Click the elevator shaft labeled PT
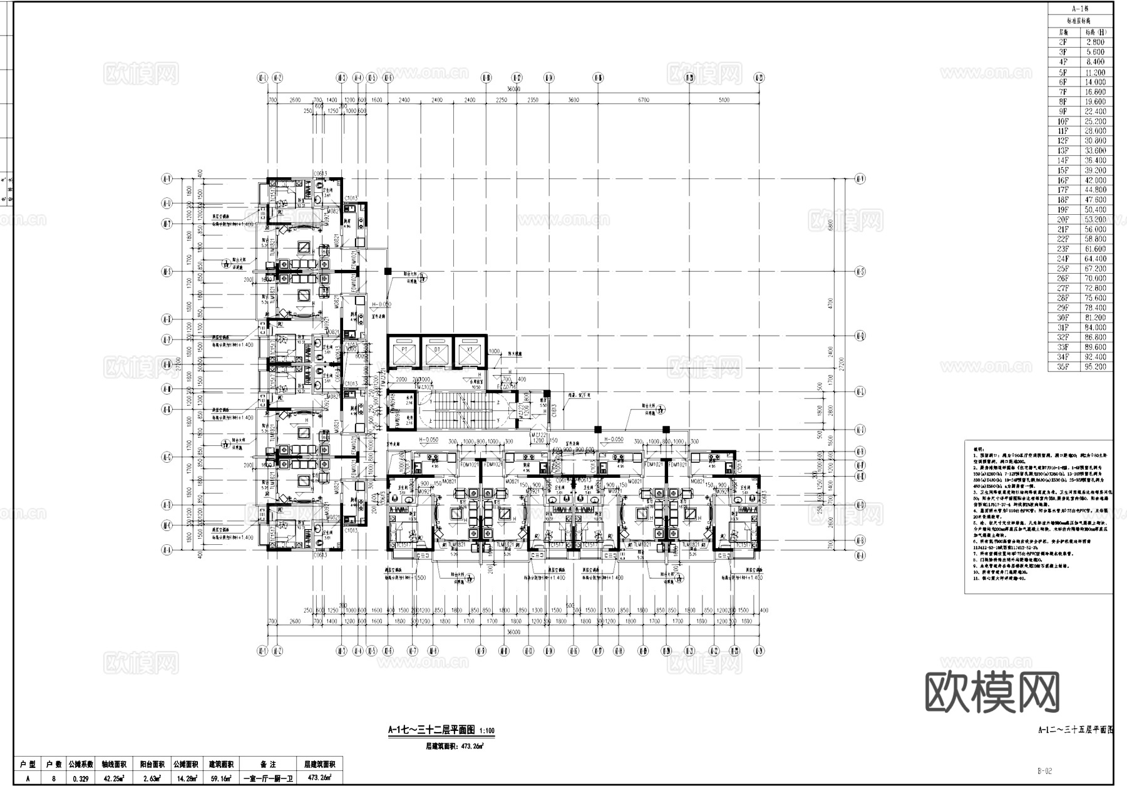[404, 354]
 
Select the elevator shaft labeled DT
[437, 354]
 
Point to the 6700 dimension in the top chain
[644, 100]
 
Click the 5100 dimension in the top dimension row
[724, 100]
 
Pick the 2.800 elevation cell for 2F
[1096, 42]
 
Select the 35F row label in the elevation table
[1063, 367]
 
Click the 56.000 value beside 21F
[1096, 229]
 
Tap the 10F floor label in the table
[1063, 121]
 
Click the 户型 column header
[27, 765]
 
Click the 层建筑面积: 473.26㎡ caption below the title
[454, 746]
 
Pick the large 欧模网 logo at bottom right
[992, 693]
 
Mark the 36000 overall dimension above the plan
[513, 89]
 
